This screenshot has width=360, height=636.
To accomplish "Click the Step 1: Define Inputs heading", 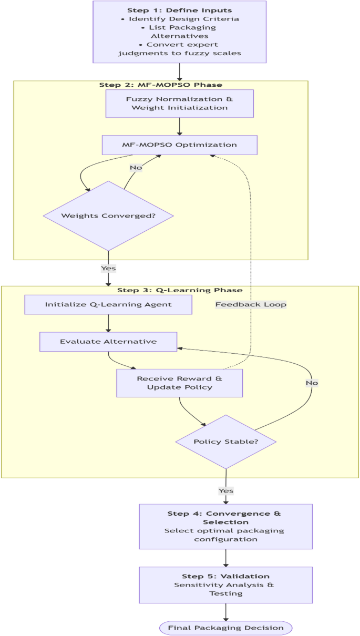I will tap(180, 11).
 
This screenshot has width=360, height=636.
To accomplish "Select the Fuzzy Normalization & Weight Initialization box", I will tap(180, 103).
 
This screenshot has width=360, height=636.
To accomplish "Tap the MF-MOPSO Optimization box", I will tap(180, 145).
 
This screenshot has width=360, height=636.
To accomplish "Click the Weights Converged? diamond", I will tap(108, 216).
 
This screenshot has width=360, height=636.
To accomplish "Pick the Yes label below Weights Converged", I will tap(108, 268).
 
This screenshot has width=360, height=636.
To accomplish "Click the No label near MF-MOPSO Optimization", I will tap(136, 168).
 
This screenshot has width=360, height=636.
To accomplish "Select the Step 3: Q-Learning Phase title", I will tap(180, 290).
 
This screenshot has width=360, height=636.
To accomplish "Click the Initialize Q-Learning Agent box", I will tap(108, 304).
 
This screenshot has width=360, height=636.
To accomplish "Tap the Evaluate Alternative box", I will tap(108, 341).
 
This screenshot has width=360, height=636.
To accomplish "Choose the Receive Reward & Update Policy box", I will tap(180, 383).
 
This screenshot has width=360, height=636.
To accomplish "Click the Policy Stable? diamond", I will tap(226, 441).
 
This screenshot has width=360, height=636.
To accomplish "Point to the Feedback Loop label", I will tap(251, 304).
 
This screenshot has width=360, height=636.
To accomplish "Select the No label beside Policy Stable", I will tap(312, 383).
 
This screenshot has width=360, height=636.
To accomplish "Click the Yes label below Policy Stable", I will tap(226, 490).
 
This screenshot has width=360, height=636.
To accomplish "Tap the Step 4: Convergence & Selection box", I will tap(226, 526).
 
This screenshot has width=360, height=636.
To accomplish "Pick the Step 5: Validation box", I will tap(226, 584).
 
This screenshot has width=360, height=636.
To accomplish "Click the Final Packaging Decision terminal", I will tap(226, 628).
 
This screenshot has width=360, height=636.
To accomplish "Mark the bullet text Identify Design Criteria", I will tap(180, 19).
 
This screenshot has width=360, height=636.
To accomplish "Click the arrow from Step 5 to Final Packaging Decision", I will tap(226, 612).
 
